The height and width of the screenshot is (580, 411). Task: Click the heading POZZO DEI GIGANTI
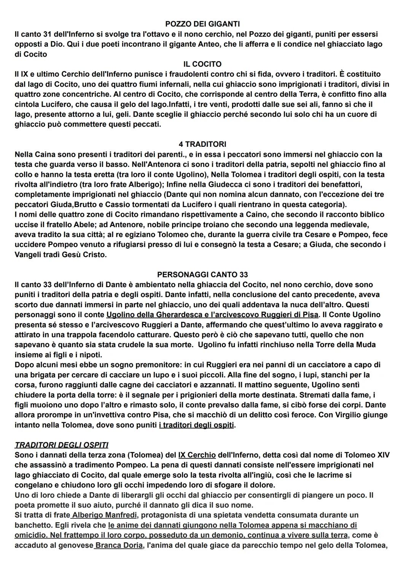202,24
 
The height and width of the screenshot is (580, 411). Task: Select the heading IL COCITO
202,64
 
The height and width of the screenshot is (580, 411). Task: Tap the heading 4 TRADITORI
202,144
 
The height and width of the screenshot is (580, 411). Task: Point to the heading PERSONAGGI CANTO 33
202,274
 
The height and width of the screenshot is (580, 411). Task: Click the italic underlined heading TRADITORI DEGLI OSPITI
61,445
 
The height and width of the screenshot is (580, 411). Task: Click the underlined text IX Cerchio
197,455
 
